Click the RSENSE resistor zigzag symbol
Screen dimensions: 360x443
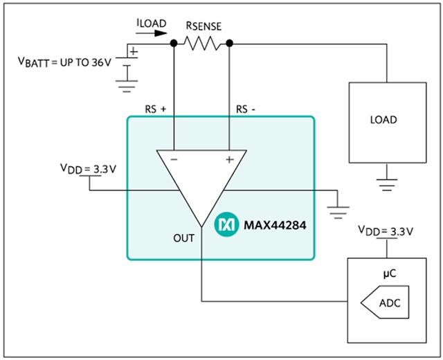click(x=201, y=44)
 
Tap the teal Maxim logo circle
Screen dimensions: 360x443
click(x=225, y=224)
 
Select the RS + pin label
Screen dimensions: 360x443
click(x=155, y=109)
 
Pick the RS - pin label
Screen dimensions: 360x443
click(x=246, y=109)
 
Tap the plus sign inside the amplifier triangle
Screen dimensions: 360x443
click(x=228, y=159)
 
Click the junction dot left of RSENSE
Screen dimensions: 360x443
click(x=174, y=44)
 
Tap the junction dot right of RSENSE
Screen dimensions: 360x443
click(x=229, y=44)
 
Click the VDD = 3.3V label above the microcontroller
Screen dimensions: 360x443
click(x=385, y=230)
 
